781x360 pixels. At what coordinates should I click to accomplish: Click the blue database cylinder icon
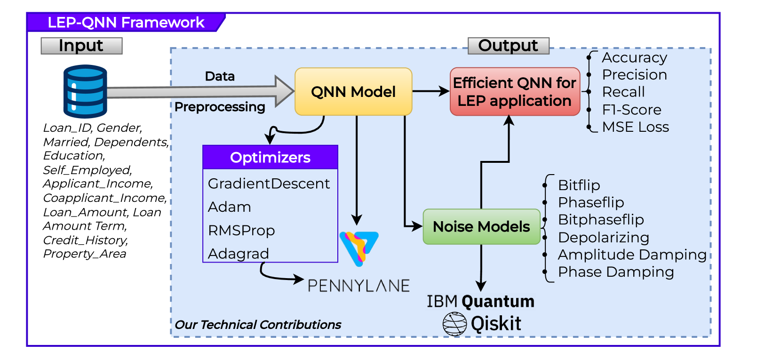coord(85,91)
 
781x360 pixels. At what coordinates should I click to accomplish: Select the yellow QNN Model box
coord(353,92)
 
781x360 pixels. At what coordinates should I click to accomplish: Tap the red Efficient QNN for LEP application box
coord(515,92)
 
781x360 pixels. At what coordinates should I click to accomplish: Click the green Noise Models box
coord(481,227)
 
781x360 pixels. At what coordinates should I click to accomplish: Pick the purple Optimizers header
coord(270,157)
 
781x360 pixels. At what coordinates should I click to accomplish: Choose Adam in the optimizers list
coord(230,207)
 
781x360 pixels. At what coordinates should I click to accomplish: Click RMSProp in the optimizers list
coord(241,231)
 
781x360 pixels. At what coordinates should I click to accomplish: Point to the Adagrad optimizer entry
coord(239,254)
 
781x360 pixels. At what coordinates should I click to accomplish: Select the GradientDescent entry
coord(269,184)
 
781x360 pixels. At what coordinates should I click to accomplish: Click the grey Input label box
coord(81,46)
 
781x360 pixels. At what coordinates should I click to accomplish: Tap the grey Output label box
coord(508,46)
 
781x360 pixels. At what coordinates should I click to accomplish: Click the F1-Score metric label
coord(632,110)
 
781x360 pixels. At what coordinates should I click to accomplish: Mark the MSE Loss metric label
coord(636,127)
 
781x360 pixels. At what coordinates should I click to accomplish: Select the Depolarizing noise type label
coord(604,237)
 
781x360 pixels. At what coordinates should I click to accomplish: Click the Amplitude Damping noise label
coord(632,255)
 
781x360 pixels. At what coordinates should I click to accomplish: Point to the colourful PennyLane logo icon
coord(359,248)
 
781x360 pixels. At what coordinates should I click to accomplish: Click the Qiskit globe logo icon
coord(454,324)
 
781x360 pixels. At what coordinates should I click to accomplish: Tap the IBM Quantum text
coord(480,301)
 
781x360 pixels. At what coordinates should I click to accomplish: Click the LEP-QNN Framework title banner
coord(126,23)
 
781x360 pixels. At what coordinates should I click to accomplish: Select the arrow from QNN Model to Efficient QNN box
coord(430,91)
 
